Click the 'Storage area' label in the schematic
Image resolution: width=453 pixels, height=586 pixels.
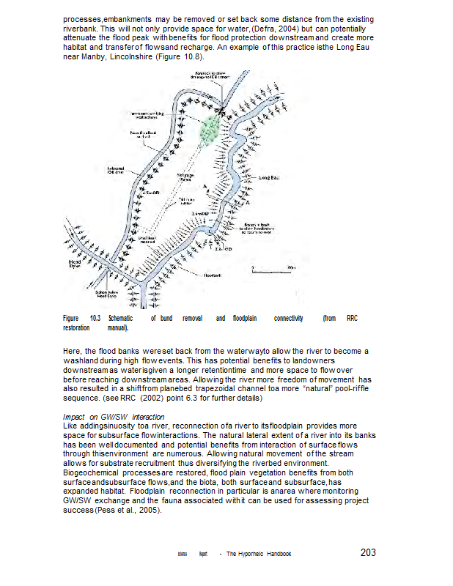click(x=185, y=178)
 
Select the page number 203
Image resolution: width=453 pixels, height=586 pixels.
click(x=369, y=553)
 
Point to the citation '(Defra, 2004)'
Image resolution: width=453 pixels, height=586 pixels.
click(x=273, y=27)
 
